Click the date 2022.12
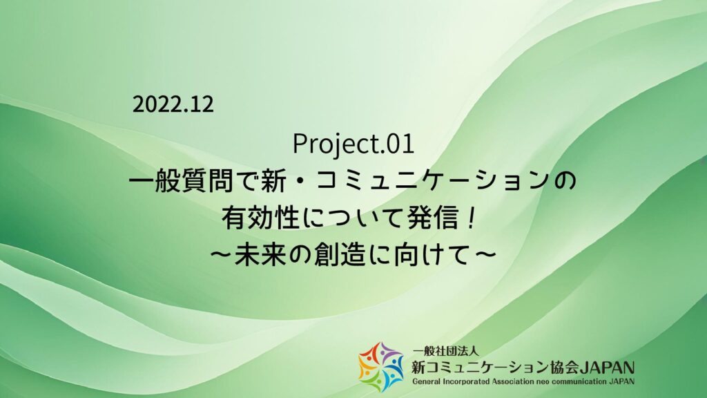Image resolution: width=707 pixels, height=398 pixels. (173, 105)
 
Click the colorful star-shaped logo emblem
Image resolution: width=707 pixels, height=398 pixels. (381, 367)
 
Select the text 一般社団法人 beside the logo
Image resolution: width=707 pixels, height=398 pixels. (445, 350)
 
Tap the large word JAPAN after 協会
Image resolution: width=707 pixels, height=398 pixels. (608, 368)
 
